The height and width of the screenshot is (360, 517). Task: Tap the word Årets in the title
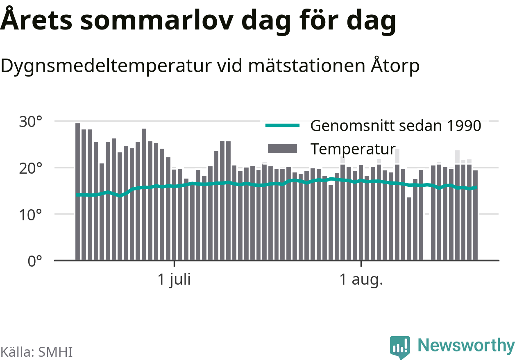36,19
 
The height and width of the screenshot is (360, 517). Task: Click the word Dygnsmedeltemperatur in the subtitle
106,66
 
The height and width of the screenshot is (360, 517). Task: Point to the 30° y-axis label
31,122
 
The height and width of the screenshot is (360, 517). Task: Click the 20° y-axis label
31,168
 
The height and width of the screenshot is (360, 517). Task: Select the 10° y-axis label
31,215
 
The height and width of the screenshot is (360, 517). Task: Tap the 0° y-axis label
35,261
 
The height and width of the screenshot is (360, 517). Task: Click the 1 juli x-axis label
174,280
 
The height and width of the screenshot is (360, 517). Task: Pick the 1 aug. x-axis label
361,280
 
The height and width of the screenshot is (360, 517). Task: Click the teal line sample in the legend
283,126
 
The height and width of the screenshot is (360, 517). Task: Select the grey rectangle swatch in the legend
283,149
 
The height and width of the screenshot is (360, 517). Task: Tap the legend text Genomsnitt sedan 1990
396,126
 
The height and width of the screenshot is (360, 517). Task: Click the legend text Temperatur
353,149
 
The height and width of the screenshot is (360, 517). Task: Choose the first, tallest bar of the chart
78,192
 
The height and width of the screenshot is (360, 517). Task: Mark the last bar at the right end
475,215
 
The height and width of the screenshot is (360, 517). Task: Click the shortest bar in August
409,229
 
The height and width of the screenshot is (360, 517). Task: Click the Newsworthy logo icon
400,347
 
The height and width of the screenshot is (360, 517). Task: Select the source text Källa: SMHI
36,352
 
